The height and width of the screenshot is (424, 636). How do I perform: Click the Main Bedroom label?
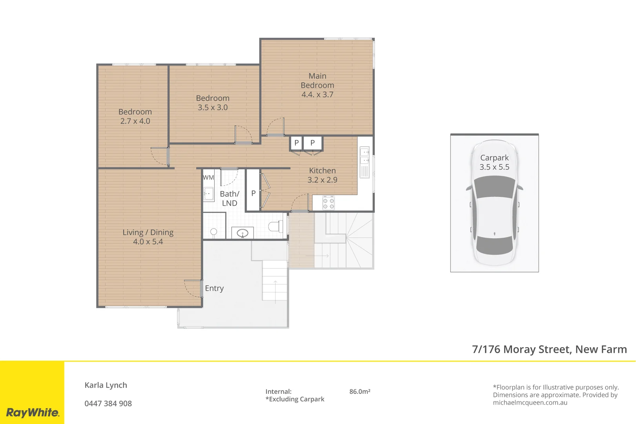coord(317,80)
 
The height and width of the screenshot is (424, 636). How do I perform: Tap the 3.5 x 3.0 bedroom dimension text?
coord(212,108)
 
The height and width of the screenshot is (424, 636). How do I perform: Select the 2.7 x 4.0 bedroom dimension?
coord(135,121)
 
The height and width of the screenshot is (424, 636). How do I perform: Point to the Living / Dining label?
coord(148,232)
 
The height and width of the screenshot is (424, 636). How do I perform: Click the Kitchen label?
coord(322,171)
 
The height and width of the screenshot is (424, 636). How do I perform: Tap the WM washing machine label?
coord(208,177)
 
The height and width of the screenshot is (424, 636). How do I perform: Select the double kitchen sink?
coord(365,156)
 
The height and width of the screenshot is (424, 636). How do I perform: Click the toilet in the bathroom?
coord(275,227)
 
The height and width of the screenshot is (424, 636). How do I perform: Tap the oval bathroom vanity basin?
coord(242,233)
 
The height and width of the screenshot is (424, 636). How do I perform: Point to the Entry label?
coord(214,288)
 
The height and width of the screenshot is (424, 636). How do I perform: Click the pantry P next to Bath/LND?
coord(253,193)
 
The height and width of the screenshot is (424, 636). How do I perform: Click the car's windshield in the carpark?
coord(494,187)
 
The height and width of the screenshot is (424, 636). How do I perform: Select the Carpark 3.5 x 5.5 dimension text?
coord(494,167)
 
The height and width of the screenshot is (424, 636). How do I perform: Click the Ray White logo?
coord(33,412)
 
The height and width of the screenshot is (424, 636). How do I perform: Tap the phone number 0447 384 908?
coord(108,404)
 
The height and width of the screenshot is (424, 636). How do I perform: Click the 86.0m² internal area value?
coord(360,391)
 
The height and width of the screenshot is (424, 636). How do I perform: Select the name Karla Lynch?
coord(106,385)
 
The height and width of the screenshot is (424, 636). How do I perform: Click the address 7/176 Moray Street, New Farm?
coord(549,349)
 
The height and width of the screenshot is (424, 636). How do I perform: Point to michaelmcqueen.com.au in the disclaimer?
coord(530,402)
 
